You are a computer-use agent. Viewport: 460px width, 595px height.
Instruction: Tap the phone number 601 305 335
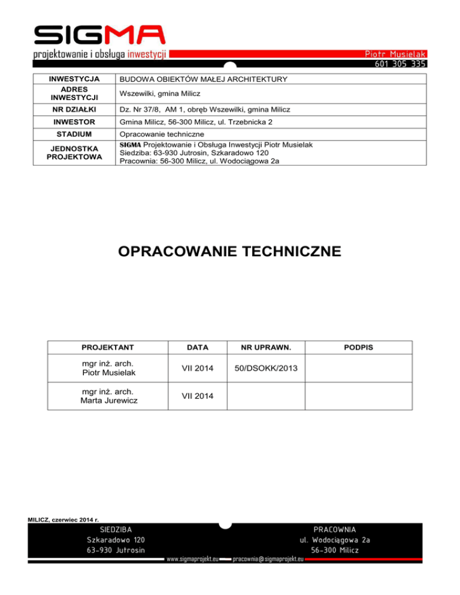coord(400,63)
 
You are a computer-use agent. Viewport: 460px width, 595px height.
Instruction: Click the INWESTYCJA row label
coord(74,79)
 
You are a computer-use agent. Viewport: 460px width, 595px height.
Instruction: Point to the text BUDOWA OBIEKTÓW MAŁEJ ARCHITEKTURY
coord(204,79)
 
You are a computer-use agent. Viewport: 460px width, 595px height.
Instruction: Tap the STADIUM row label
coord(74,135)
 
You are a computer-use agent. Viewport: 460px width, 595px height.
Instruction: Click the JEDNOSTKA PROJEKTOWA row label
coord(74,153)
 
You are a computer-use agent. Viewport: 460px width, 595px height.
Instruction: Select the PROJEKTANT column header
coord(108,347)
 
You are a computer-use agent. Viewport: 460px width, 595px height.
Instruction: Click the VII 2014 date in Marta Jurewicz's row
coord(197,396)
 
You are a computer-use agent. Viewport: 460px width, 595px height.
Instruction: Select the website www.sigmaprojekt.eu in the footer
coord(192,559)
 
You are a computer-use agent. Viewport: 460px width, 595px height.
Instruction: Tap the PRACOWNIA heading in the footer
coord(335,530)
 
